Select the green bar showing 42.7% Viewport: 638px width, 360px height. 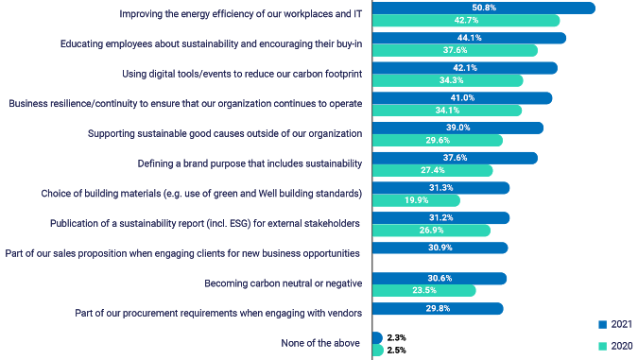point(466,21)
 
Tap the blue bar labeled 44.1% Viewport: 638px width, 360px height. point(470,38)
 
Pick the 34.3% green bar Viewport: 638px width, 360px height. point(448,81)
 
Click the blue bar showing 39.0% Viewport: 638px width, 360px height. point(458,128)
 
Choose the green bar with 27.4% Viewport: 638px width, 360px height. point(433,171)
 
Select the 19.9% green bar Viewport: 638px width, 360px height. point(417,200)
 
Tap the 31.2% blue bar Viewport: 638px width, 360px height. point(441,217)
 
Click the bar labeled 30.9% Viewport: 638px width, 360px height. point(440,248)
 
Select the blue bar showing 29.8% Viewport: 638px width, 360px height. point(439,308)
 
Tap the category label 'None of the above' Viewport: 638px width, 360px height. point(321,343)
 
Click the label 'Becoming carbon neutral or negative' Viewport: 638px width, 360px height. point(284,283)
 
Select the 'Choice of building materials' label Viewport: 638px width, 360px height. point(201,194)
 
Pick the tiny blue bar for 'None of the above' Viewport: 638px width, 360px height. point(378,337)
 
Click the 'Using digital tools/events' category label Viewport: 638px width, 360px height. point(243,74)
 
